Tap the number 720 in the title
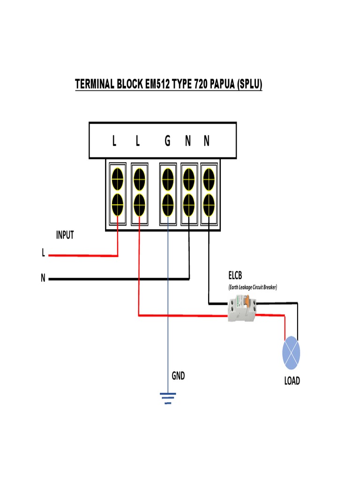tap(197, 85)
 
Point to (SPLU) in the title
tap(249, 85)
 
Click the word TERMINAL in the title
tap(95, 85)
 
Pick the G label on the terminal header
tap(167, 141)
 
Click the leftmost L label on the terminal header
tap(114, 141)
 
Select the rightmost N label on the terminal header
tap(207, 141)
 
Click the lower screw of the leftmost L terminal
tap(117, 203)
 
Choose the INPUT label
tap(65, 235)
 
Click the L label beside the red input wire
tap(43, 254)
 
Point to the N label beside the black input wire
tap(43, 278)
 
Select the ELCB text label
tap(236, 276)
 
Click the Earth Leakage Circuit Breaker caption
tap(253, 287)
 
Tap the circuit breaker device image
tap(241, 310)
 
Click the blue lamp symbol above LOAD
tap(291, 352)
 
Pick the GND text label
tap(178, 376)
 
